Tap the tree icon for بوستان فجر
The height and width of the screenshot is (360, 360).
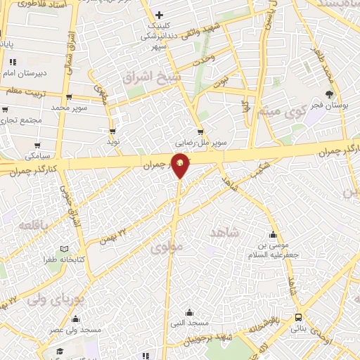pyautogui.click(x=330, y=95)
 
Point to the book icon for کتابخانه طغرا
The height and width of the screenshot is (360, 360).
pyautogui.click(x=65, y=249)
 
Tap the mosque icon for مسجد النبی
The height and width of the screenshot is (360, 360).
pyautogui.click(x=188, y=312)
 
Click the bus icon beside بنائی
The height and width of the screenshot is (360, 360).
pyautogui.click(x=299, y=317)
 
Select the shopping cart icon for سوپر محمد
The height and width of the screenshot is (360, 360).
pyautogui.click(x=69, y=98)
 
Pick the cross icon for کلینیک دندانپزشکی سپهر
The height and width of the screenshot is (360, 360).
pyautogui.click(x=160, y=15)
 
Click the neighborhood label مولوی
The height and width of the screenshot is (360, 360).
pyautogui.click(x=166, y=247)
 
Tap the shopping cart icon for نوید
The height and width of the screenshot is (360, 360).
pyautogui.click(x=112, y=131)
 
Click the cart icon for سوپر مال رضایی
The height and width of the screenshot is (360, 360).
pyautogui.click(x=201, y=131)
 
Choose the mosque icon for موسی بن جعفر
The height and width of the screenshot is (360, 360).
pyautogui.click(x=274, y=235)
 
